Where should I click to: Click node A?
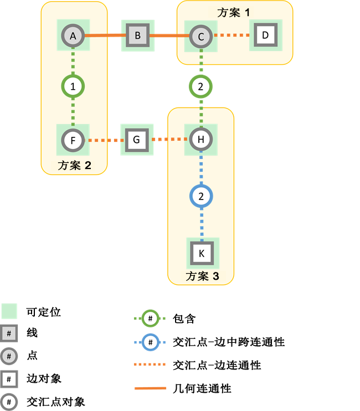73,36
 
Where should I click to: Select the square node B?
137,37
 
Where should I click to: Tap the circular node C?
200,37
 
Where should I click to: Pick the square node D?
265,35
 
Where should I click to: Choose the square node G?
137,140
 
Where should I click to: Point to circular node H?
200,140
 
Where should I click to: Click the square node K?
202,253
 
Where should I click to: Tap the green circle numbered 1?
73,86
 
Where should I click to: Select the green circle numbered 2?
200,86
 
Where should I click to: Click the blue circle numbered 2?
201,196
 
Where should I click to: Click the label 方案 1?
234,12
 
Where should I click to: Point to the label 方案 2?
74,165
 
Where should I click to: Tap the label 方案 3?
202,276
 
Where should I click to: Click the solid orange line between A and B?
105,35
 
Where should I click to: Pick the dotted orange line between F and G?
105,140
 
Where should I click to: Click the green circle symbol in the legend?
150,318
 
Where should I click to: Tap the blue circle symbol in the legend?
150,342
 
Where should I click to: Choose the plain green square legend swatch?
9,311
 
